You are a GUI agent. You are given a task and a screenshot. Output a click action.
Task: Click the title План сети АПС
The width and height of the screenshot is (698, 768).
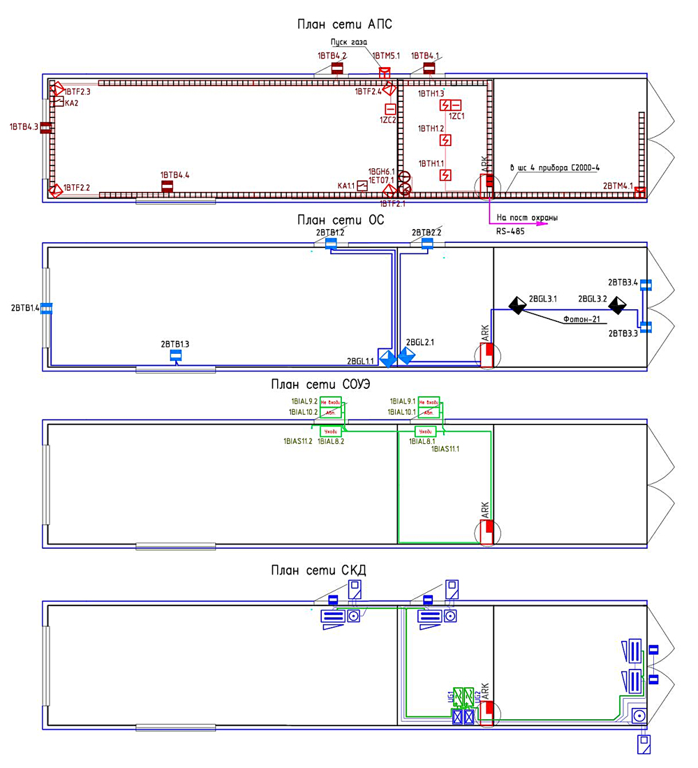click(345, 25)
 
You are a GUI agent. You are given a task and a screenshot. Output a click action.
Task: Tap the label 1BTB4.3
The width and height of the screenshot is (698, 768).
click(24, 127)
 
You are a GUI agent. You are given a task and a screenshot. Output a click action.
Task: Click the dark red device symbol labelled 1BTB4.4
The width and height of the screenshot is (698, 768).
click(168, 186)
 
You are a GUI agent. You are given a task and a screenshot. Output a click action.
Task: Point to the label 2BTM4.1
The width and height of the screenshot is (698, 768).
click(618, 186)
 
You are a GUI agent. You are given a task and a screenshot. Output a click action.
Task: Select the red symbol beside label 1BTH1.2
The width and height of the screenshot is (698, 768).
click(445, 140)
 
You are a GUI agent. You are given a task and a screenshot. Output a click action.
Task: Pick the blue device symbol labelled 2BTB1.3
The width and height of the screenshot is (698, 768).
click(176, 356)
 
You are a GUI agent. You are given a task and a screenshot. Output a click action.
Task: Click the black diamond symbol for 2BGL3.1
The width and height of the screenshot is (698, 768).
click(517, 305)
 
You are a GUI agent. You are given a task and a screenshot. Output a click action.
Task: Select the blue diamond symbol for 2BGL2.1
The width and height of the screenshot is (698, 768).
click(406, 356)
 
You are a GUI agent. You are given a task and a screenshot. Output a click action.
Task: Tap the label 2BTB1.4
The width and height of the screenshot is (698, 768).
click(25, 308)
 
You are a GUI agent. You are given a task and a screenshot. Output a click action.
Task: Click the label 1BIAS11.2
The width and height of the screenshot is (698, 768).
click(298, 441)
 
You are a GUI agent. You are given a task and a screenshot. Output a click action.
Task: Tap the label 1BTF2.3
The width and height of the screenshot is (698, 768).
click(78, 91)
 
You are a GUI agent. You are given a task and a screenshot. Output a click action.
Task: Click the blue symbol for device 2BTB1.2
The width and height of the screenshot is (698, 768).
click(331, 244)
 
